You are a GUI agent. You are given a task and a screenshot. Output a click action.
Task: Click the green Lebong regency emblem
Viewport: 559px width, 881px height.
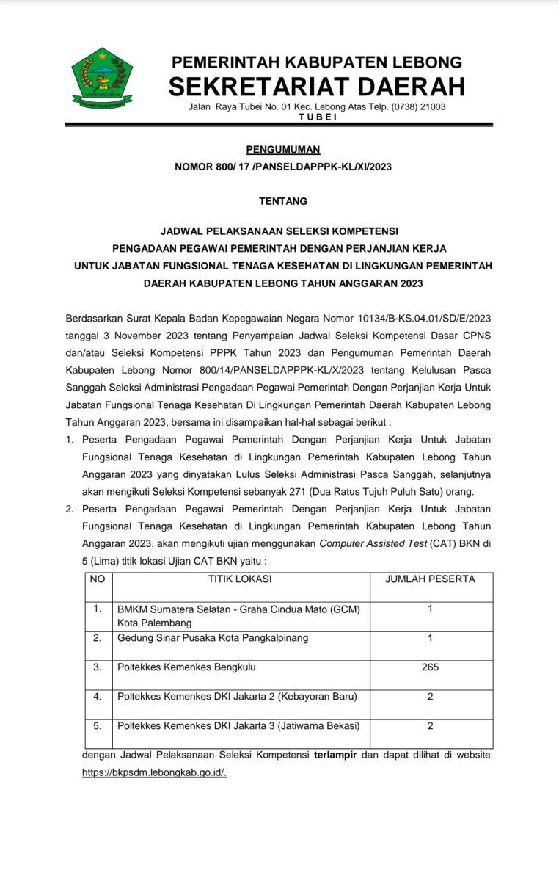pos(102,79)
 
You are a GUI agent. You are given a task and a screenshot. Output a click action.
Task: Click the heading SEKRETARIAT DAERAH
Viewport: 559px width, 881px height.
pos(317,87)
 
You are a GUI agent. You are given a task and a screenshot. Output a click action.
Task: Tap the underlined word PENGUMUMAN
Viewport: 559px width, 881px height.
pos(283,150)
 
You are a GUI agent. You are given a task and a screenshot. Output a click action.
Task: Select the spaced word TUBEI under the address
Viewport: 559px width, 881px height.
pos(318,117)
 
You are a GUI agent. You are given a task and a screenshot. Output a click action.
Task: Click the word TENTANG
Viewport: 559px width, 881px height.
pos(283,200)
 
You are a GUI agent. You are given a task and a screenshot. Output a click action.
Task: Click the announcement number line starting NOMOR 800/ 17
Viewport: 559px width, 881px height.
pos(283,167)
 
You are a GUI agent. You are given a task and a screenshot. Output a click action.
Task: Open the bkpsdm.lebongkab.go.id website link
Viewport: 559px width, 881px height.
pos(154,772)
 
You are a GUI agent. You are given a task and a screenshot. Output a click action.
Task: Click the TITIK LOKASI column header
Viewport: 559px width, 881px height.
pos(240,579)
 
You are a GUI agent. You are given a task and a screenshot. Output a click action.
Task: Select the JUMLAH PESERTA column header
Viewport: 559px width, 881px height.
pos(430,579)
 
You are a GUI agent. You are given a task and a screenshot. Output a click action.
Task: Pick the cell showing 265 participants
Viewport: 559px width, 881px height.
pos(430,667)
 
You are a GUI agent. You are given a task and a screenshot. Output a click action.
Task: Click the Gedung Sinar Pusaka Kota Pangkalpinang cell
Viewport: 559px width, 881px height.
pos(213,637)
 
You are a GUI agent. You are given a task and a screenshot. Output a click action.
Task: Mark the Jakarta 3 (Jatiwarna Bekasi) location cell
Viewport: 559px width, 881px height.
pos(238,725)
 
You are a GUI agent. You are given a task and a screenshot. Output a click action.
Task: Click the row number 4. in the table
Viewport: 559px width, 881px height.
pos(98,696)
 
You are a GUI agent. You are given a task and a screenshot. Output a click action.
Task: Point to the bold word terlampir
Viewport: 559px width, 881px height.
pos(335,755)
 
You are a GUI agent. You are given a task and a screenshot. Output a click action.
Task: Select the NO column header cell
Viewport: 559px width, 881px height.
pos(98,579)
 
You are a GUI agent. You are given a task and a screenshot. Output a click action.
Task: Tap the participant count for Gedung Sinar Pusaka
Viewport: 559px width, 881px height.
pos(430,637)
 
